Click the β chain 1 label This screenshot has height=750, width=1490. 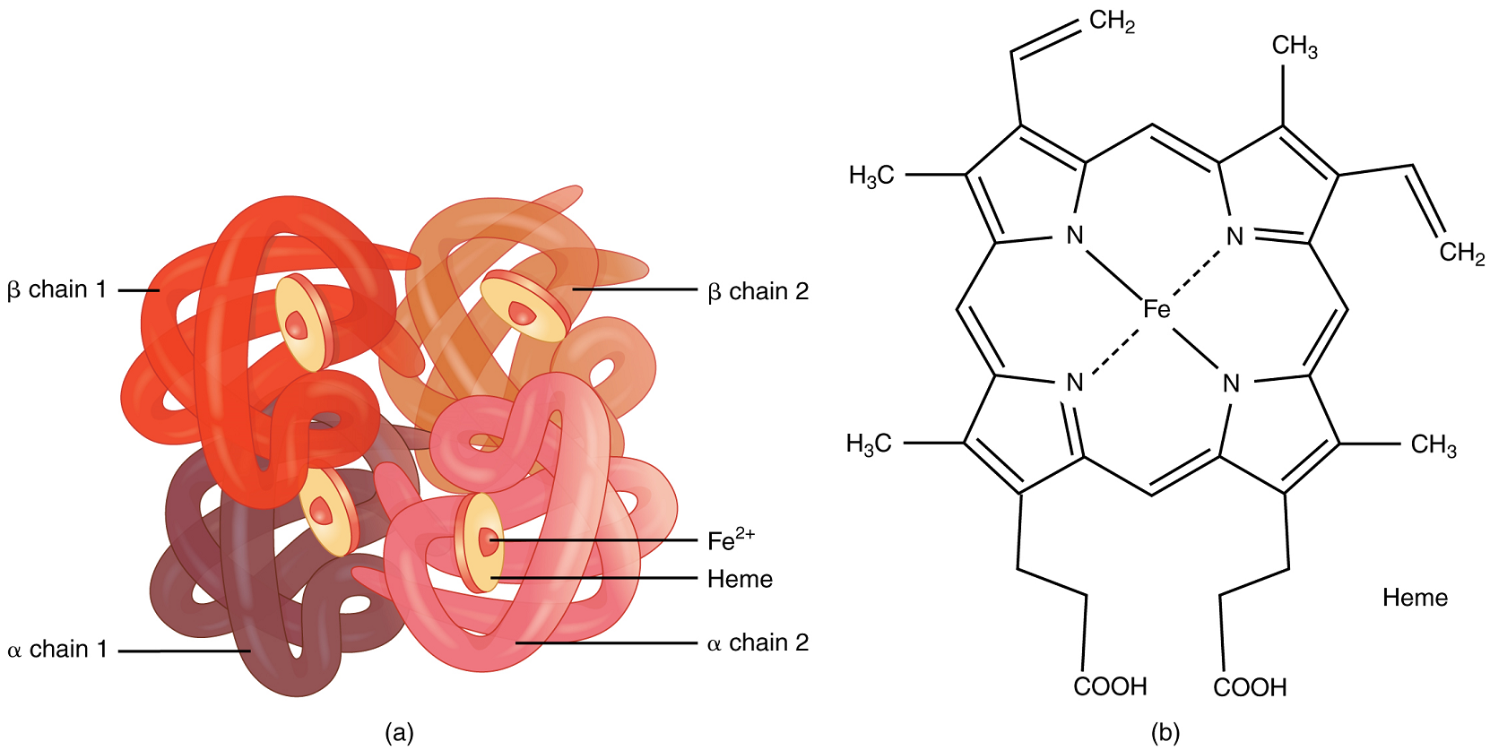[x=57, y=289]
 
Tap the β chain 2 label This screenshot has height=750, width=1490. [x=758, y=291]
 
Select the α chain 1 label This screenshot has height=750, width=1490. [x=57, y=649]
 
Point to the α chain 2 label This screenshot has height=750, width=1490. [x=758, y=642]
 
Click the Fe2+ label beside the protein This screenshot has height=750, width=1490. [x=730, y=539]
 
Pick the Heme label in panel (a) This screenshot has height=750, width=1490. [x=740, y=579]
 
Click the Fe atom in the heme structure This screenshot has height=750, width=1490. [x=1156, y=309]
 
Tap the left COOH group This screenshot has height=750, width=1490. [x=1110, y=686]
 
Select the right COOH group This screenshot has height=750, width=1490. [x=1250, y=687]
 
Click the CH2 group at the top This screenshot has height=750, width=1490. [x=1113, y=21]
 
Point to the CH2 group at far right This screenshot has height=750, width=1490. [x=1462, y=253]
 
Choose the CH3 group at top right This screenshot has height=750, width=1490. [x=1295, y=46]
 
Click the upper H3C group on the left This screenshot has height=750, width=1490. [x=871, y=175]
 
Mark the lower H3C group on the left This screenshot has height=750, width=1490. [x=869, y=444]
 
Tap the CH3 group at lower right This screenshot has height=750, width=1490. [x=1434, y=444]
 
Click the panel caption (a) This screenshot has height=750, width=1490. [x=399, y=732]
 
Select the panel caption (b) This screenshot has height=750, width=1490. [x=1165, y=733]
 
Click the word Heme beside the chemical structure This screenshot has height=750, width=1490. [x=1415, y=598]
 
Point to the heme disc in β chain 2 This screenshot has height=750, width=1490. [x=525, y=306]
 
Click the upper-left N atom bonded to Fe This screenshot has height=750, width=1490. [x=1075, y=235]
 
